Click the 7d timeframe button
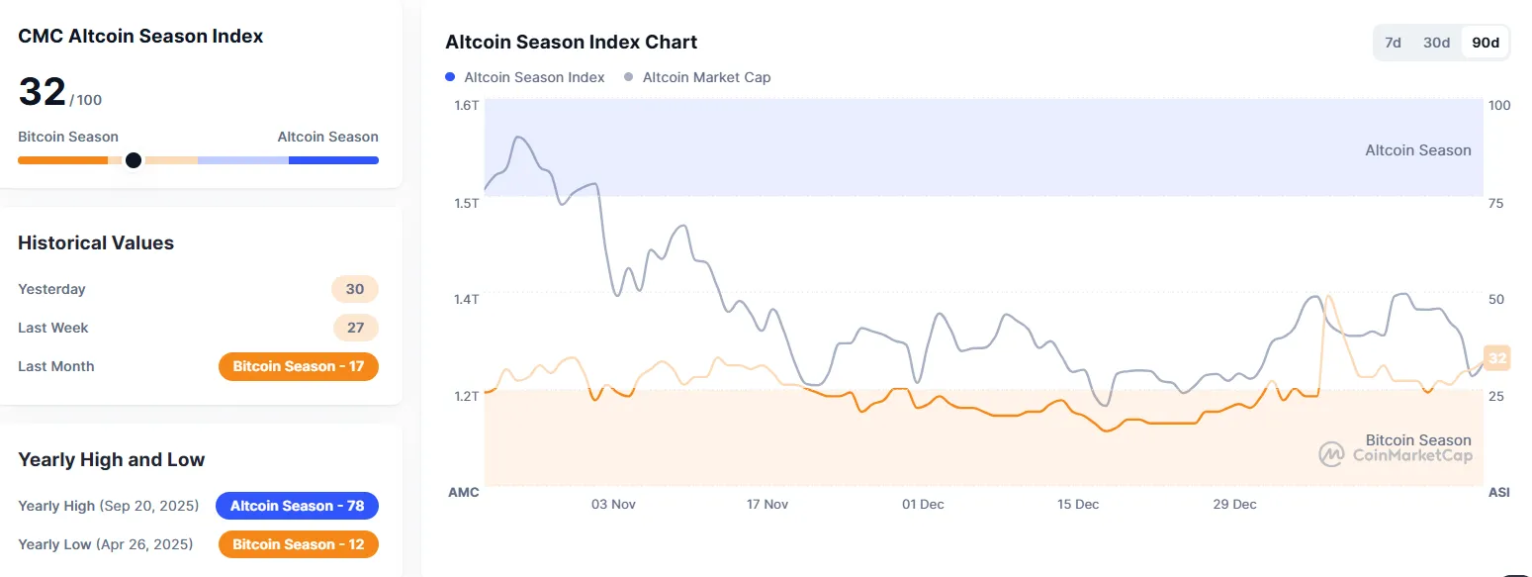click(1393, 43)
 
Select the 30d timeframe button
click(1436, 43)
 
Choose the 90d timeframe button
click(1486, 43)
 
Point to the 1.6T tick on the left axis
click(466, 106)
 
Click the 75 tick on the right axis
click(1495, 203)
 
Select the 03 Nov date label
click(612, 504)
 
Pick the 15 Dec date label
click(1078, 504)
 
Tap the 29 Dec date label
click(1235, 504)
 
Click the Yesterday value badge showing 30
click(355, 289)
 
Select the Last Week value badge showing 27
click(355, 328)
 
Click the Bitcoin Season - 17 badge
click(298, 366)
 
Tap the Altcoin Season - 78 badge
click(297, 506)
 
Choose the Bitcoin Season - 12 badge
click(298, 544)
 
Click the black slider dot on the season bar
click(134, 160)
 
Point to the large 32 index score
click(42, 93)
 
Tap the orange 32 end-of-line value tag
click(1497, 358)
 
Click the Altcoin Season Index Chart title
click(571, 43)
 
